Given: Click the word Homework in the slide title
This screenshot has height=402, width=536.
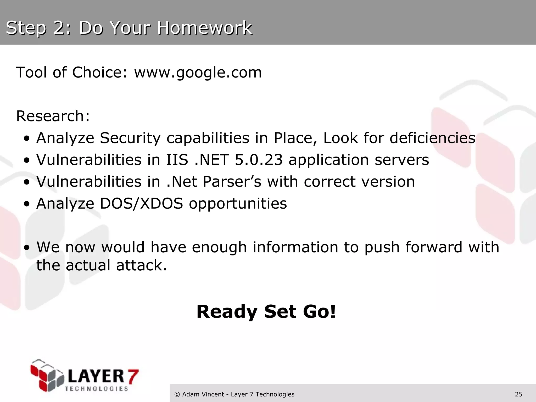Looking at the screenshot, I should [204, 28].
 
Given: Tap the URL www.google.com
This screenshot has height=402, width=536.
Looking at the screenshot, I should [198, 72].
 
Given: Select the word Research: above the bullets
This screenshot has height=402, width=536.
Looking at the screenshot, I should [53, 116].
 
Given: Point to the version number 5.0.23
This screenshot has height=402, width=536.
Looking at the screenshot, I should [259, 160].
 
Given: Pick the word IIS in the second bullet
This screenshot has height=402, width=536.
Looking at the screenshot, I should [177, 160].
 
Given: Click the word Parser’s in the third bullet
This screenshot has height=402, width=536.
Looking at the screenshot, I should [232, 182].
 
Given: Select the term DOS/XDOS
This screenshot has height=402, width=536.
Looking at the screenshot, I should [141, 204].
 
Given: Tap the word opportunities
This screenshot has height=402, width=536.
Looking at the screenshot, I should [238, 204].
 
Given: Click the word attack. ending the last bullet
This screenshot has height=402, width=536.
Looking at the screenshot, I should [141, 265].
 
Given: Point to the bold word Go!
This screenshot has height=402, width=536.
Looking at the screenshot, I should [319, 312].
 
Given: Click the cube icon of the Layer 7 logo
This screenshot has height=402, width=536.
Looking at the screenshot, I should [47, 376].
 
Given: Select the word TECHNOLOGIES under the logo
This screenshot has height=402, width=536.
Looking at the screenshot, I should [97, 389].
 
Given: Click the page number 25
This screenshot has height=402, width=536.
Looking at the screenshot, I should [518, 394].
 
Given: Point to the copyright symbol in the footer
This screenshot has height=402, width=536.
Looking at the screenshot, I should [177, 394].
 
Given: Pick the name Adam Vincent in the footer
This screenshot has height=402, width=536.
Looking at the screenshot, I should [203, 394].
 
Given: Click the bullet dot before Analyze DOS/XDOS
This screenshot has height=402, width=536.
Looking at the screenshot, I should [26, 204].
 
